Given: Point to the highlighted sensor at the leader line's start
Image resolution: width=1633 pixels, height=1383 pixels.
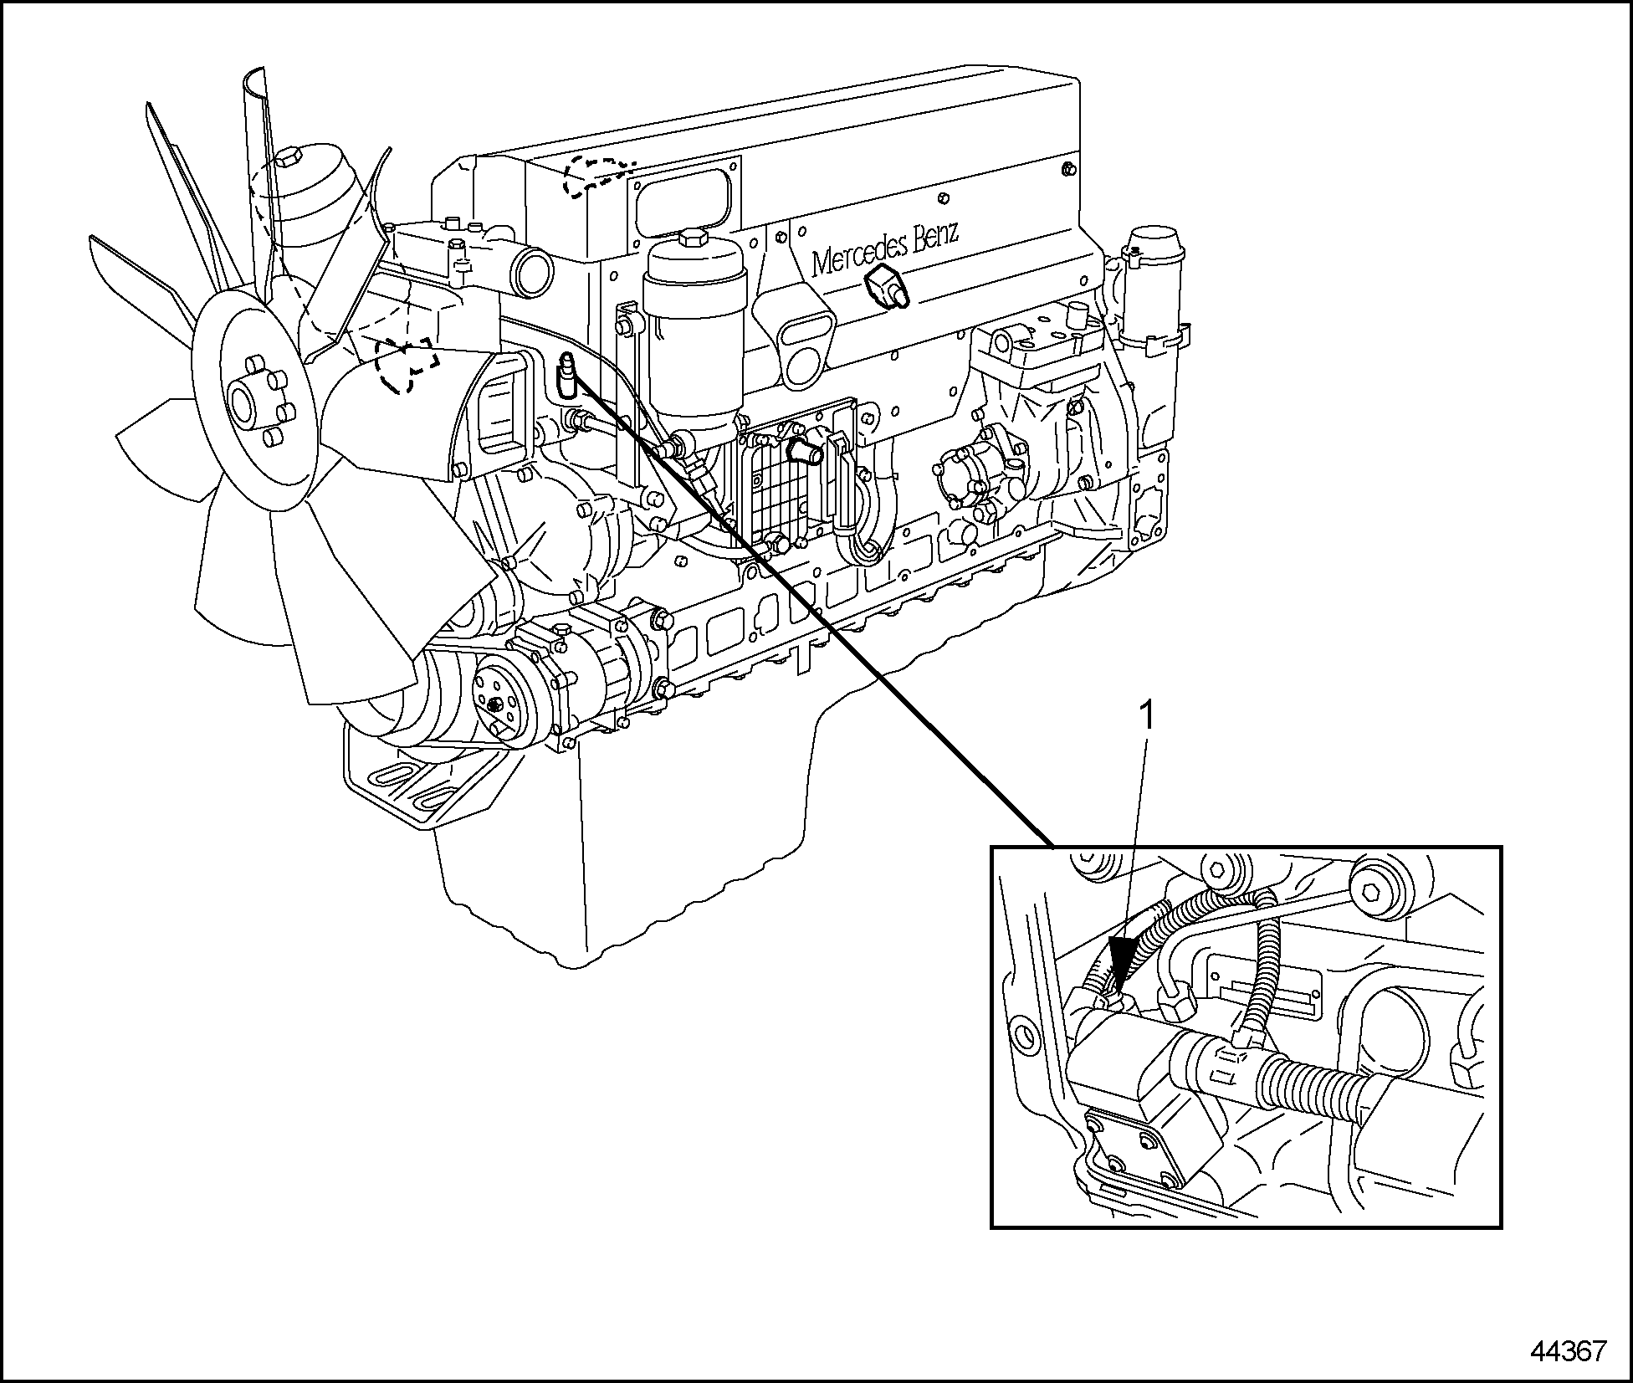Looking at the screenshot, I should pyautogui.click(x=566, y=373).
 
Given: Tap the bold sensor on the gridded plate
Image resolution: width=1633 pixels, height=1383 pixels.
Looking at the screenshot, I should pyautogui.click(x=806, y=451).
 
